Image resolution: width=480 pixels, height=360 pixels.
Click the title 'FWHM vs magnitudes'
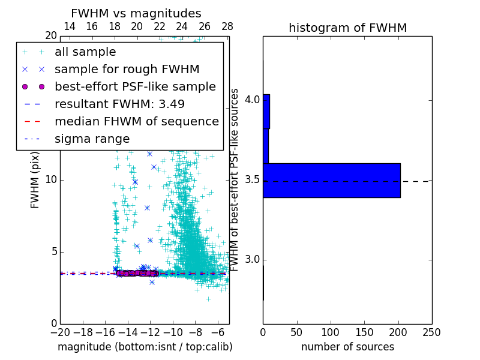(136, 13)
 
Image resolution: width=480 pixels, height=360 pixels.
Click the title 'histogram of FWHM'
(347, 28)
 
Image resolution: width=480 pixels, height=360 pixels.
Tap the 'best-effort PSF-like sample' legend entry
(135, 86)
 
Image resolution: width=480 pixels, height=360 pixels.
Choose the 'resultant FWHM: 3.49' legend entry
(119, 104)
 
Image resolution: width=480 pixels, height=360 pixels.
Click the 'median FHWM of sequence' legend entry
(136, 121)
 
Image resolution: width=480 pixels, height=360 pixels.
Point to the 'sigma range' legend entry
(92, 139)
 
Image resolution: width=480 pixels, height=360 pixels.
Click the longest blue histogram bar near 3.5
(331, 180)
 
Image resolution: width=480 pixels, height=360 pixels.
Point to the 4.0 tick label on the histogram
(253, 99)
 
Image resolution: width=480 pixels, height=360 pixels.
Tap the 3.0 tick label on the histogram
(253, 259)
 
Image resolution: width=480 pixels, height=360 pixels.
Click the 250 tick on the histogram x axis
(431, 332)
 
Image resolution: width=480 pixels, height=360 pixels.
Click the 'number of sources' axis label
(347, 347)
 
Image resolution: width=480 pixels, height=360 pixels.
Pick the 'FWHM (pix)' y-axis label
(35, 180)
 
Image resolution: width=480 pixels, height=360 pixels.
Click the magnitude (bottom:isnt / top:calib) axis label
(145, 347)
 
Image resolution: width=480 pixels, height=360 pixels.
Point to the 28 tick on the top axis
(227, 26)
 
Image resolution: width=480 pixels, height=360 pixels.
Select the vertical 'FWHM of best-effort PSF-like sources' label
(235, 180)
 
